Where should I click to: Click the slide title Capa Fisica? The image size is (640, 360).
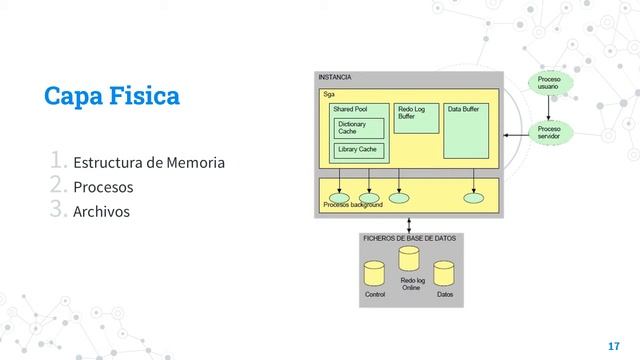pos(112,96)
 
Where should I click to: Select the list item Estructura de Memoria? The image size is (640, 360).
pos(148,162)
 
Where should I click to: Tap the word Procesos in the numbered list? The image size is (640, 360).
pos(103,187)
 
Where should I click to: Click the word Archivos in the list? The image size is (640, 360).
pos(101,211)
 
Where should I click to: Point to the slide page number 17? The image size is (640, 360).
pos(613,344)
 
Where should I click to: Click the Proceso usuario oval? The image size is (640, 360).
pos(549,85)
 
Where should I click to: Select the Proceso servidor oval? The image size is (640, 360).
pos(549,133)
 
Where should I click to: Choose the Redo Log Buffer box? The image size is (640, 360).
pos(416,117)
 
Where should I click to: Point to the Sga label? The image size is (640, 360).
pos(328,94)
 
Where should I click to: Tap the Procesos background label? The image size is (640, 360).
pos(353,205)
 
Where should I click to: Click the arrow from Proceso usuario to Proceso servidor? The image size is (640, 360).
pos(549,109)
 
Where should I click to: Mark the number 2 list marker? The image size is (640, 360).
pos(58,186)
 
